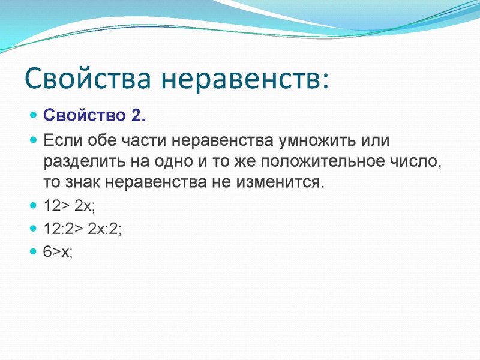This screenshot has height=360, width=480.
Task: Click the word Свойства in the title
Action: [88, 79]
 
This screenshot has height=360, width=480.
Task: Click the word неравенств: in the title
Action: [246, 79]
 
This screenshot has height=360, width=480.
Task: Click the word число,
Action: [419, 161]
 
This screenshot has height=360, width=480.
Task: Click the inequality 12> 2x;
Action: [69, 206]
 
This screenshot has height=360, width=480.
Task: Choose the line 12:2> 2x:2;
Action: [83, 229]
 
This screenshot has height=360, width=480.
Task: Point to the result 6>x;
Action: [58, 253]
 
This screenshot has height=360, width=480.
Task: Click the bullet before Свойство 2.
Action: [34, 115]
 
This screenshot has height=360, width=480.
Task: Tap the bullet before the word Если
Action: [34, 141]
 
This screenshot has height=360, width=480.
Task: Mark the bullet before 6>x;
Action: [34, 252]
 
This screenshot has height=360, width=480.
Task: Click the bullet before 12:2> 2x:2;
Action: [34, 229]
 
